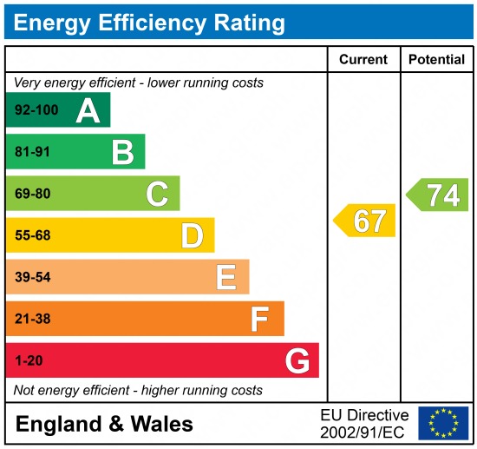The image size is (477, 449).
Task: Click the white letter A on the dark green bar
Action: point(88,110)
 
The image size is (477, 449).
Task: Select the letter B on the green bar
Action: point(122,152)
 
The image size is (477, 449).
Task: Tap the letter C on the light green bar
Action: point(157,194)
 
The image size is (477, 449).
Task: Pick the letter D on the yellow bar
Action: point(192,235)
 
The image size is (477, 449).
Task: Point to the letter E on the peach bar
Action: point(226,277)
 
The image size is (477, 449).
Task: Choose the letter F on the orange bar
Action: point(260,319)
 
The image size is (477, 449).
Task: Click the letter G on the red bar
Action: point(297,360)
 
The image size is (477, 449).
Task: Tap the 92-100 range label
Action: point(36,110)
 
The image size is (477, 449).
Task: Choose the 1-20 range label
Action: point(29,360)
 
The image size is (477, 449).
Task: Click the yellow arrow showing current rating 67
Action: point(365,221)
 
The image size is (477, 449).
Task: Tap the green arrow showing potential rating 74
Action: point(439,195)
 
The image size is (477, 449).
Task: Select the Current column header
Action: point(363,60)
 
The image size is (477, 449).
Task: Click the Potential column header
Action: point(436,60)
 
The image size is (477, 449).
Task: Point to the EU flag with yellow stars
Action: point(442,423)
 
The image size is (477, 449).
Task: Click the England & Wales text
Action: point(104,424)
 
